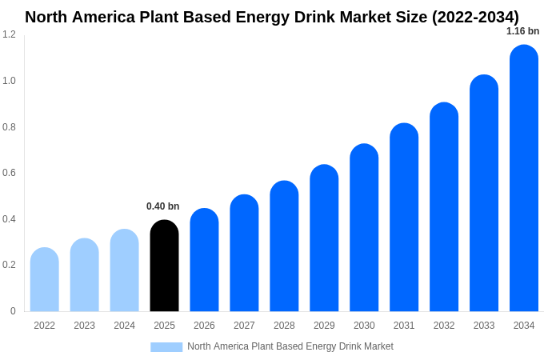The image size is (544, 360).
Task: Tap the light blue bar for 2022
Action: pos(44,280)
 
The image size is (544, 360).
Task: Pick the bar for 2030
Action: pos(364,228)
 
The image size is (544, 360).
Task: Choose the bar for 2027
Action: pos(244,254)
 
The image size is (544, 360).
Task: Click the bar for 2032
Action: pos(444,207)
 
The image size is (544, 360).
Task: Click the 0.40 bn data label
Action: pos(162,206)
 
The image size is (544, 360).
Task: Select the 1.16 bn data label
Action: pos(522,31)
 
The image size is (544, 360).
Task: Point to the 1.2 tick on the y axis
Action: pos(9,34)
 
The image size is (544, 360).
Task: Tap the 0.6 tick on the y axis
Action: pos(9,173)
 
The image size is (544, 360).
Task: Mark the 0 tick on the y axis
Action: pos(13,311)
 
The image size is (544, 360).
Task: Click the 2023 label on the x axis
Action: pos(84,326)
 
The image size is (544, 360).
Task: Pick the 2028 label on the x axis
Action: pos(284,326)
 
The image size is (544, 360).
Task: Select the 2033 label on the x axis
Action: pos(484,326)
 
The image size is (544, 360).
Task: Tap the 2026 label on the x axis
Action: pos(204,326)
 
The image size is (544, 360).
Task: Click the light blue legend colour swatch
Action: pos(166,347)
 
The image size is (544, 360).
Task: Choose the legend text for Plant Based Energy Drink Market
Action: pos(290,346)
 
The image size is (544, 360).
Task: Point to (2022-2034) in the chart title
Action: pos(475,17)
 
